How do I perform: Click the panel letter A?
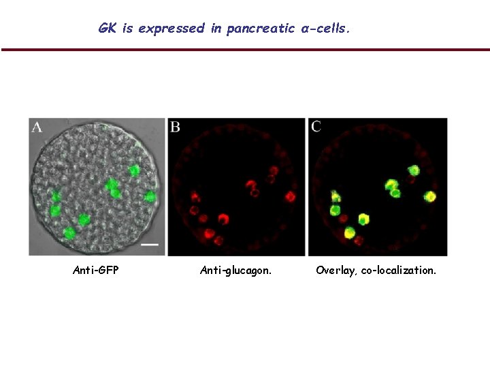[x=37, y=127]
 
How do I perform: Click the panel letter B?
[x=175, y=127]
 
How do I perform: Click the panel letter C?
[x=316, y=127]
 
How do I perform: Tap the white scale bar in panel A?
[x=150, y=243]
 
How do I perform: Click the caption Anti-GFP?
[x=95, y=271]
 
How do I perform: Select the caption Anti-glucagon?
[x=235, y=271]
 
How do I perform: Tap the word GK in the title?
[x=108, y=29]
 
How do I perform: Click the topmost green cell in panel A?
[x=134, y=170]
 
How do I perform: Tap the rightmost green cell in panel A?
[x=150, y=197]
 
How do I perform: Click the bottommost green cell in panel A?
[x=69, y=233]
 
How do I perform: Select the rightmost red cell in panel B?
[x=291, y=197]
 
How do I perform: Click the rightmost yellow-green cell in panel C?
[x=431, y=197]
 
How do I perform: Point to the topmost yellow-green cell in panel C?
[x=413, y=170]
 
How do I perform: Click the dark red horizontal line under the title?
[x=245, y=50]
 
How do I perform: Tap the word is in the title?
[x=128, y=29]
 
